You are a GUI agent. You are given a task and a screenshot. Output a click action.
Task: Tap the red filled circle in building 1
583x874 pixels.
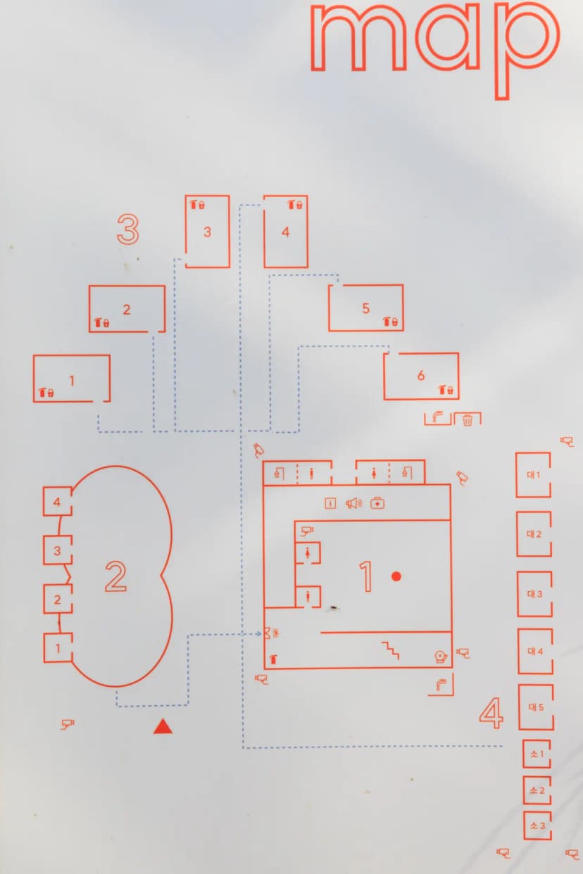coord(396,576)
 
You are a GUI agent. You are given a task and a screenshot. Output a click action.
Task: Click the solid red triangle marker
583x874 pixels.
coord(163,726)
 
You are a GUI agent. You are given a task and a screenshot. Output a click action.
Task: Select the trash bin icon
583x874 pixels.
coord(468,420)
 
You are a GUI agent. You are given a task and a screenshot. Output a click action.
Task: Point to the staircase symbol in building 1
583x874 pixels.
coord(391,650)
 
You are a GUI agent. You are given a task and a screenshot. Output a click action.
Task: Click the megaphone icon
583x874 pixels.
coord(353,503)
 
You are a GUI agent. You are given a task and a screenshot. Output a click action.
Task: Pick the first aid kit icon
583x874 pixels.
coord(377,503)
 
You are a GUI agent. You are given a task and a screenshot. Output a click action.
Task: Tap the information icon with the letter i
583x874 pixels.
coord(330,503)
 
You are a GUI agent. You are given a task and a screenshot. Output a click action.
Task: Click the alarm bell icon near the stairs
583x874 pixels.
coord(441,657)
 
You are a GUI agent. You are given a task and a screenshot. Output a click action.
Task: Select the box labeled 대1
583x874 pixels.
coord(534,475)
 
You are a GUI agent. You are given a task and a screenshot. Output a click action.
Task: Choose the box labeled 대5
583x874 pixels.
coord(536,707)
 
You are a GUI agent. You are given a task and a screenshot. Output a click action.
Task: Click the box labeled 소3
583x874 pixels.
coord(537,825)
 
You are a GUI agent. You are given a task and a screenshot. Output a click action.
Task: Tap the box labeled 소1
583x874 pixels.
coord(537,754)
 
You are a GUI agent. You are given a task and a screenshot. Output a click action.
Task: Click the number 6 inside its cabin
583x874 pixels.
coord(420,375)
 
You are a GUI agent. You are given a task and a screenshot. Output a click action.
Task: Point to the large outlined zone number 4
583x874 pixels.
coord(491,713)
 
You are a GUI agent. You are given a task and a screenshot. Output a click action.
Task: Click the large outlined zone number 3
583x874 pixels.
coord(128,229)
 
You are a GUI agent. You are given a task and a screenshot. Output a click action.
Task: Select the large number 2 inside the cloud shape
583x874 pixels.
coord(115,576)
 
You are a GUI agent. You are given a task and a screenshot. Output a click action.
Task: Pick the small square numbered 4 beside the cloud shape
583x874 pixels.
coord(58,501)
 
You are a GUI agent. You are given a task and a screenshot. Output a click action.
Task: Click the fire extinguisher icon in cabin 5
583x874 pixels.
coord(387,322)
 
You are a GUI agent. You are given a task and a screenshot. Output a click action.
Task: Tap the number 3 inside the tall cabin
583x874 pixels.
coord(207,232)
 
